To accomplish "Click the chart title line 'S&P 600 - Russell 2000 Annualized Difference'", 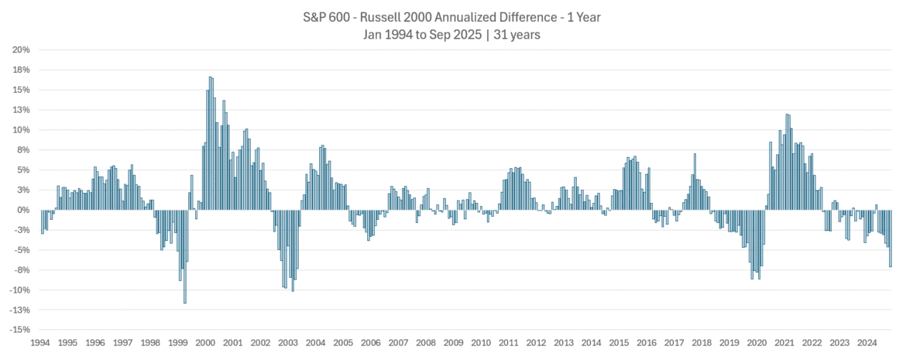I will pos(452,15).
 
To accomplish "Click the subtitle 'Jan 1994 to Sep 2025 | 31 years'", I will pos(452,34).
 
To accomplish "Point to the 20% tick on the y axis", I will pos(21,50).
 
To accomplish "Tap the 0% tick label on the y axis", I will pos(23,210).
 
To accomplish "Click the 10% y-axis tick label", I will pos(21,129).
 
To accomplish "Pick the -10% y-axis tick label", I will pos(19,290).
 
